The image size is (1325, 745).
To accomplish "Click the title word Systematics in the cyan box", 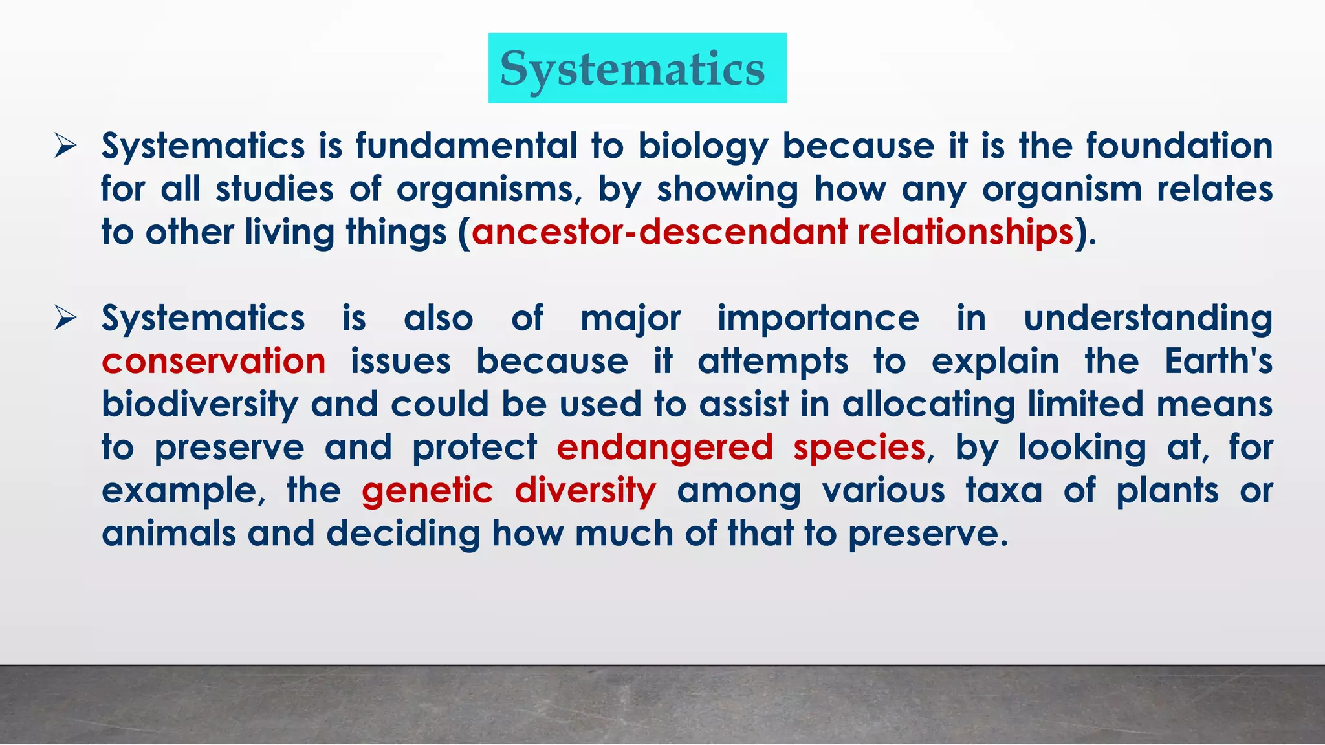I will click(633, 69).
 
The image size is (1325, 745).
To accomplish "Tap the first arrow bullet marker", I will click(65, 146).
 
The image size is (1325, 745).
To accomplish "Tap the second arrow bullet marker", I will click(65, 318).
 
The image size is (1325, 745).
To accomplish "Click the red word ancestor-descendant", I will click(659, 232).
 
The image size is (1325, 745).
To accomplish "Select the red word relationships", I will click(965, 232).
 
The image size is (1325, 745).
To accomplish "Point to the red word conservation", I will click(214, 361).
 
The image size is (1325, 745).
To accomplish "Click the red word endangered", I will click(664, 447).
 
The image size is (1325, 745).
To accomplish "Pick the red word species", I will click(859, 447).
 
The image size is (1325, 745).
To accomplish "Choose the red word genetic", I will click(427, 490).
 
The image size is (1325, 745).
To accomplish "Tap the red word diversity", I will click(585, 490).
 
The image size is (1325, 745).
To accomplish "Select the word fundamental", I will click(466, 146).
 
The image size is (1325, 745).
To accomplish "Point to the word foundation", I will click(1179, 146).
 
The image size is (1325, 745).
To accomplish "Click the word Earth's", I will click(1218, 361).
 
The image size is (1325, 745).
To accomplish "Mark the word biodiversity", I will click(199, 404).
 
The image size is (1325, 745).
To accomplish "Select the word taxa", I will click(1003, 490).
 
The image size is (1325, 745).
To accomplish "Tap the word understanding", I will click(1148, 318).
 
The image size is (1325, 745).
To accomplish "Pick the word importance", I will click(818, 318).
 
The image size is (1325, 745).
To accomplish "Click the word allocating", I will click(928, 404).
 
